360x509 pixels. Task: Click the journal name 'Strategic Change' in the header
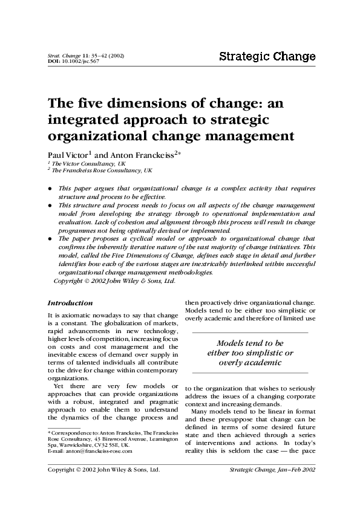click(267, 57)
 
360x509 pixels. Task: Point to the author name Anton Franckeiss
click(133, 155)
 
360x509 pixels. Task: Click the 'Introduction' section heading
click(70, 303)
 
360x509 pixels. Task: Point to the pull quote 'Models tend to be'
click(250, 343)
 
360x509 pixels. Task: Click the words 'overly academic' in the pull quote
click(250, 363)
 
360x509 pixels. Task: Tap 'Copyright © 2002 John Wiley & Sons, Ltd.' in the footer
click(103, 469)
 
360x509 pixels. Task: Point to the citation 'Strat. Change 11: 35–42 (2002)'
click(86, 56)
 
